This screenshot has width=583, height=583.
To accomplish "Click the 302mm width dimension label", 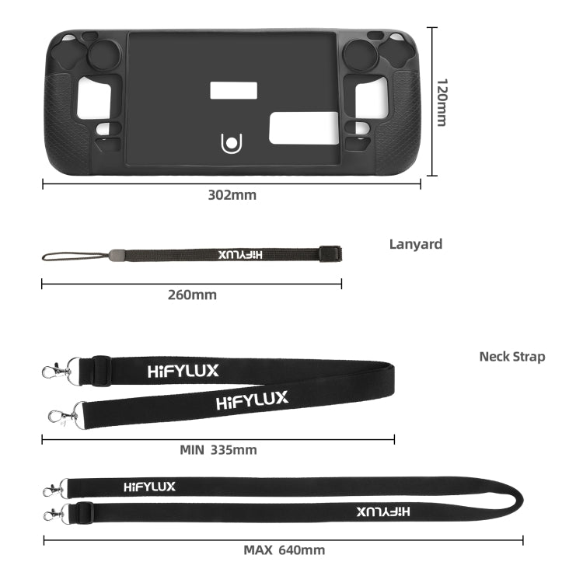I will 232,195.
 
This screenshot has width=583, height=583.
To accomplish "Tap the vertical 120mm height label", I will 442,102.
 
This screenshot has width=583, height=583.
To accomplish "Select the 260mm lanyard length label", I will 192,295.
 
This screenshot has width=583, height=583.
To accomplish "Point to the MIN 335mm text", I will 218,449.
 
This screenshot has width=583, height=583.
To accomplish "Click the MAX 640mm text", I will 284,550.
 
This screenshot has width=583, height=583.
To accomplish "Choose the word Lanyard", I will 415,244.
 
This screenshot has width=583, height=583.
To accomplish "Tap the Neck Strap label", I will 511,357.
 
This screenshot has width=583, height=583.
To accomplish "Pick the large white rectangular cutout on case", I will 303,127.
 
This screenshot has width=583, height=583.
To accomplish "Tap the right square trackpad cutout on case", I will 371,98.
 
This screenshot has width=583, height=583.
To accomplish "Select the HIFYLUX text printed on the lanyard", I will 241,254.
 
